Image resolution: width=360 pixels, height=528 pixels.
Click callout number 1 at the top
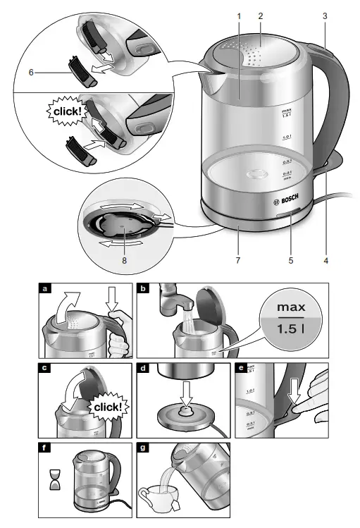coord(239,16)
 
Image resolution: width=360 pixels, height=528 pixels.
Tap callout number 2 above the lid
coord(260,16)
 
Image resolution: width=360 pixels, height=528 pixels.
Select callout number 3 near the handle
coord(325,16)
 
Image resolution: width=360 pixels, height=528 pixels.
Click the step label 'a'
coord(46,288)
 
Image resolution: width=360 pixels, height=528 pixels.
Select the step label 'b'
coord(144,288)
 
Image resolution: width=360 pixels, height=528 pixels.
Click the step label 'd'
coord(144,369)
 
